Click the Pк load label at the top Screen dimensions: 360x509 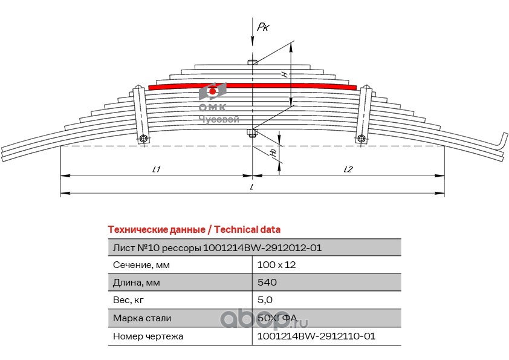[263, 27]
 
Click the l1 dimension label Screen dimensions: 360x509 [155, 169]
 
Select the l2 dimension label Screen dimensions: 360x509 [348, 169]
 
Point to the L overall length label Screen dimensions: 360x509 [251, 188]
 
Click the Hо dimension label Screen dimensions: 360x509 [274, 153]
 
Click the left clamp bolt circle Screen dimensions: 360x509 [143, 139]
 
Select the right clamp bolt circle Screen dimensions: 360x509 [361, 139]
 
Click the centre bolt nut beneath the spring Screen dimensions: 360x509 [252, 134]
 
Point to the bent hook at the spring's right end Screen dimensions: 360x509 [502, 141]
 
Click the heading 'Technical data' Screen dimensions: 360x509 [247, 230]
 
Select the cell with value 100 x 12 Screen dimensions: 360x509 [276, 265]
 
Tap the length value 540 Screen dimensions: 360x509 [267, 283]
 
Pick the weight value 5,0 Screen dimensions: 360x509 [265, 300]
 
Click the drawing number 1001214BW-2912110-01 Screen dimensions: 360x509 [316, 336]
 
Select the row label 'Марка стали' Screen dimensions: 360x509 [142, 318]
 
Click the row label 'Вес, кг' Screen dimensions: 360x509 [129, 300]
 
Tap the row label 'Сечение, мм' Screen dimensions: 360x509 [141, 265]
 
